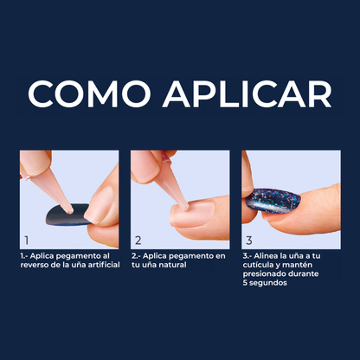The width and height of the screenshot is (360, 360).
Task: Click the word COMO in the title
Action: (x=89, y=93)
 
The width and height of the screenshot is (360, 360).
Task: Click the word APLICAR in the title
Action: (x=247, y=93)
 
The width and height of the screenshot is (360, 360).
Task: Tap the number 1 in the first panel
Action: (x=27, y=241)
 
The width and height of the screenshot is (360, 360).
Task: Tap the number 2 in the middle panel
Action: (x=138, y=241)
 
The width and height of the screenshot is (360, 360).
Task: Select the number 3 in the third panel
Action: (x=249, y=241)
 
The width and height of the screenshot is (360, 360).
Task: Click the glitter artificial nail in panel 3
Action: (x=273, y=201)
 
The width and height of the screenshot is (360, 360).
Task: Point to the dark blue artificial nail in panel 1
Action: (x=67, y=215)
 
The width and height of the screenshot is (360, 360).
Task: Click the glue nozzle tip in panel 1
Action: (x=69, y=210)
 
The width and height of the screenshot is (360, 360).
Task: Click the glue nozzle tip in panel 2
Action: (x=183, y=206)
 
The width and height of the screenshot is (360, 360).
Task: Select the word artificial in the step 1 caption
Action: (x=104, y=265)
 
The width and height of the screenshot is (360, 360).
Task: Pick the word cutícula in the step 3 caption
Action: (x=256, y=265)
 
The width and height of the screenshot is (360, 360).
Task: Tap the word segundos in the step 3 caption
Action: (x=268, y=283)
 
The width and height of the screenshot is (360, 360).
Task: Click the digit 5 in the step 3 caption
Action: (x=245, y=283)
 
